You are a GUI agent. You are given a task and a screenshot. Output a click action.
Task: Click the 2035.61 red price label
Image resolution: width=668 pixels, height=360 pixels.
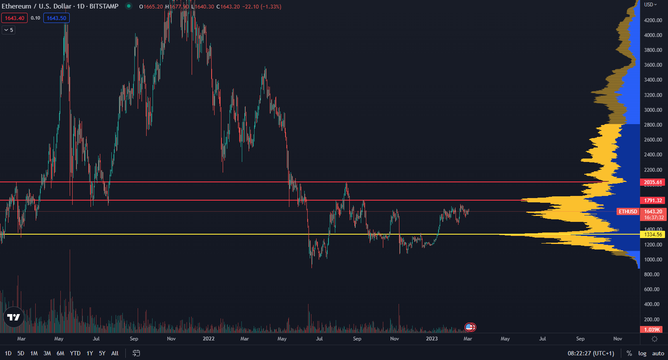653,182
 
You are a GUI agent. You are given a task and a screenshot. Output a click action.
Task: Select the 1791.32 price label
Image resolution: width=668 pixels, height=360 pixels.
653,201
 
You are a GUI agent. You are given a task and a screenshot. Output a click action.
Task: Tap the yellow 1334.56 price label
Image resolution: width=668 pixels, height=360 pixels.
653,235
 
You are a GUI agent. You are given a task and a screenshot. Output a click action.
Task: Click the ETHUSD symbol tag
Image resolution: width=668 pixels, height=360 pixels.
628,212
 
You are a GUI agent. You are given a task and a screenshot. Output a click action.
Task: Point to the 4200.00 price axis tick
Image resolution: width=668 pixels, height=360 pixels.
653,20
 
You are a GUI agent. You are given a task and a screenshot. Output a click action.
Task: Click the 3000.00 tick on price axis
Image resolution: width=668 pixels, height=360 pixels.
653,110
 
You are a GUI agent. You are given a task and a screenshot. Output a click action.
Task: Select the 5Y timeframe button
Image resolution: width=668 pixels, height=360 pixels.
102,353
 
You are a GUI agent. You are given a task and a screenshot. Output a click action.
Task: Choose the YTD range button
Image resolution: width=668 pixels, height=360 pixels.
75,353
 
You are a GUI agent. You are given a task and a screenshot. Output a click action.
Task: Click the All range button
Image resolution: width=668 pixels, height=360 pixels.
115,353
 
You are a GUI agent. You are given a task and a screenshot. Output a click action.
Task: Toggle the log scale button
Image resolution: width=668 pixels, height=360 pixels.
642,353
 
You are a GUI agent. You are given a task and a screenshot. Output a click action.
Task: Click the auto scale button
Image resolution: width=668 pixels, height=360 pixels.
658,353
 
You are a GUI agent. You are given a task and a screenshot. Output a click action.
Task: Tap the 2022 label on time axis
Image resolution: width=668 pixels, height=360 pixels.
209,339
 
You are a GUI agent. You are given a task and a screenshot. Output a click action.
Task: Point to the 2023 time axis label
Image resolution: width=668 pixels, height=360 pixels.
432,339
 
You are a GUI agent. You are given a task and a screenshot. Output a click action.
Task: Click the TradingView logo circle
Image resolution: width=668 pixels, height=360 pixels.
14,317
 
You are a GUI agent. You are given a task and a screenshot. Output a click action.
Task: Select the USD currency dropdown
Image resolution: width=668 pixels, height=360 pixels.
650,5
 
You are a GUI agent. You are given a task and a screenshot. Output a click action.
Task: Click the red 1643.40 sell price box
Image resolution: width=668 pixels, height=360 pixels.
14,18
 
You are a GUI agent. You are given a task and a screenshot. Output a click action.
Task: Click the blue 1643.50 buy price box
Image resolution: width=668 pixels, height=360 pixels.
57,18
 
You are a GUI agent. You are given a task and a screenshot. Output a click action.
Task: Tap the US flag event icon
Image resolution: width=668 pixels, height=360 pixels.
469,327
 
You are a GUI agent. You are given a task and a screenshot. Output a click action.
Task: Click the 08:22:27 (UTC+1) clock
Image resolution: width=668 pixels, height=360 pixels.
591,353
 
